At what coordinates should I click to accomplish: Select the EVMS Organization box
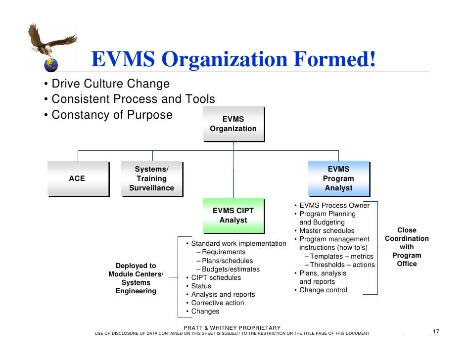(x=233, y=124)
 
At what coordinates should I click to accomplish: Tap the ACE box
(x=78, y=179)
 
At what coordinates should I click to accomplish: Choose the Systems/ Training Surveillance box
(x=151, y=179)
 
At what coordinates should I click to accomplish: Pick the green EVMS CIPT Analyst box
(x=233, y=216)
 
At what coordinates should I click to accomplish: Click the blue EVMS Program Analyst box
(x=338, y=179)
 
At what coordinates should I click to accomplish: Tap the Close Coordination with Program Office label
(x=407, y=247)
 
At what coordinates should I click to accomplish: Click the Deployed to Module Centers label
(x=136, y=278)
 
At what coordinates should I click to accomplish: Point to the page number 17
(x=436, y=331)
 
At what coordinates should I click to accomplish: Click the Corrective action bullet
(x=217, y=303)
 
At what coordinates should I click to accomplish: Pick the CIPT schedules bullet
(x=216, y=277)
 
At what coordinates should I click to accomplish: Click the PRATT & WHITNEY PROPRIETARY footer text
(x=232, y=328)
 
